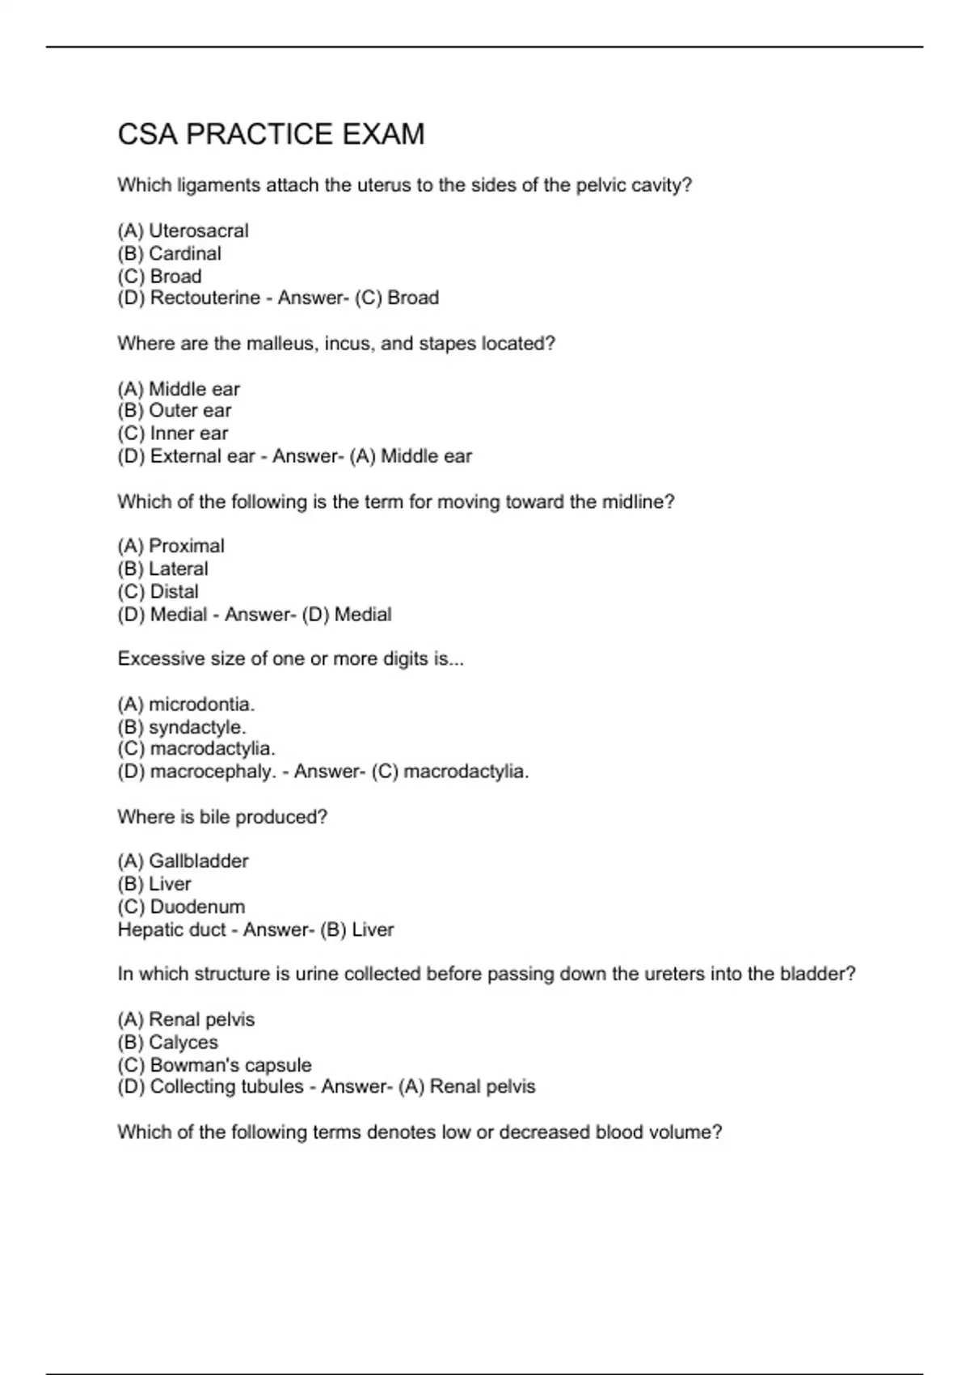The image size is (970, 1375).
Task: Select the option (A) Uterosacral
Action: (x=183, y=231)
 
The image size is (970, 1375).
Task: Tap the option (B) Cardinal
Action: (x=169, y=254)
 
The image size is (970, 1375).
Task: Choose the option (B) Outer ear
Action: (x=175, y=411)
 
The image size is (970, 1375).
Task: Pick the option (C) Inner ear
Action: (x=173, y=434)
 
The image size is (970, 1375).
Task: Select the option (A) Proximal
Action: (x=171, y=546)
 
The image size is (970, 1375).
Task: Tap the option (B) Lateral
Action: (x=162, y=569)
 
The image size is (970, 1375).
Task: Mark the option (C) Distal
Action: (x=158, y=592)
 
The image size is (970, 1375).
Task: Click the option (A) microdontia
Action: (x=186, y=704)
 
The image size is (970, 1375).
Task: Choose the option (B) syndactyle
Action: (x=182, y=727)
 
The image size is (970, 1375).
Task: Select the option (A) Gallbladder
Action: (x=183, y=861)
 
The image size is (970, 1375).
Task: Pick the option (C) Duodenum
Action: (x=181, y=907)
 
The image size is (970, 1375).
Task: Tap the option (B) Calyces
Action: (x=167, y=1043)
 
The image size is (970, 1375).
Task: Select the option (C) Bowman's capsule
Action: (x=214, y=1065)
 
